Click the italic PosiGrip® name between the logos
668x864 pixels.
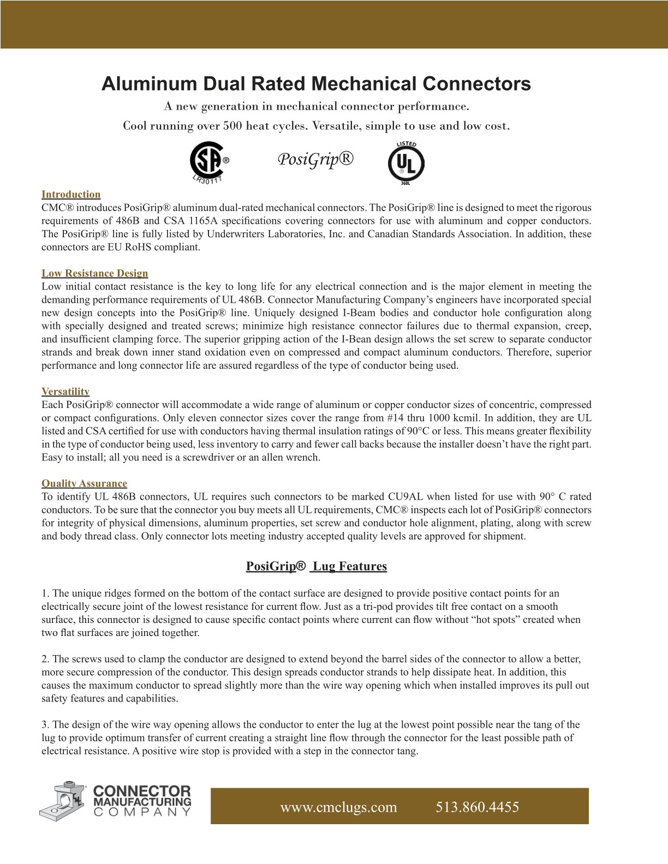(x=315, y=159)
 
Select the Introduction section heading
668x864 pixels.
(x=71, y=195)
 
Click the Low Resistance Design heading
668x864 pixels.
(x=94, y=273)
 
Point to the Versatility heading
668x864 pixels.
(x=65, y=392)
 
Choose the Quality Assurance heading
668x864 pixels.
(x=84, y=484)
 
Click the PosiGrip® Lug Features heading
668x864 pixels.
(x=316, y=566)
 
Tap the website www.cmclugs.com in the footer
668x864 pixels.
(x=338, y=807)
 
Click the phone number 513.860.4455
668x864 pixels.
(x=477, y=807)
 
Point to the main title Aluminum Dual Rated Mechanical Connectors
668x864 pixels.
(x=316, y=84)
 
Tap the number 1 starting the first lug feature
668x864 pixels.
(x=44, y=593)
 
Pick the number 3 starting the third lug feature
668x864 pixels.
(x=44, y=725)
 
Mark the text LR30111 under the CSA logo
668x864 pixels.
(x=210, y=179)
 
